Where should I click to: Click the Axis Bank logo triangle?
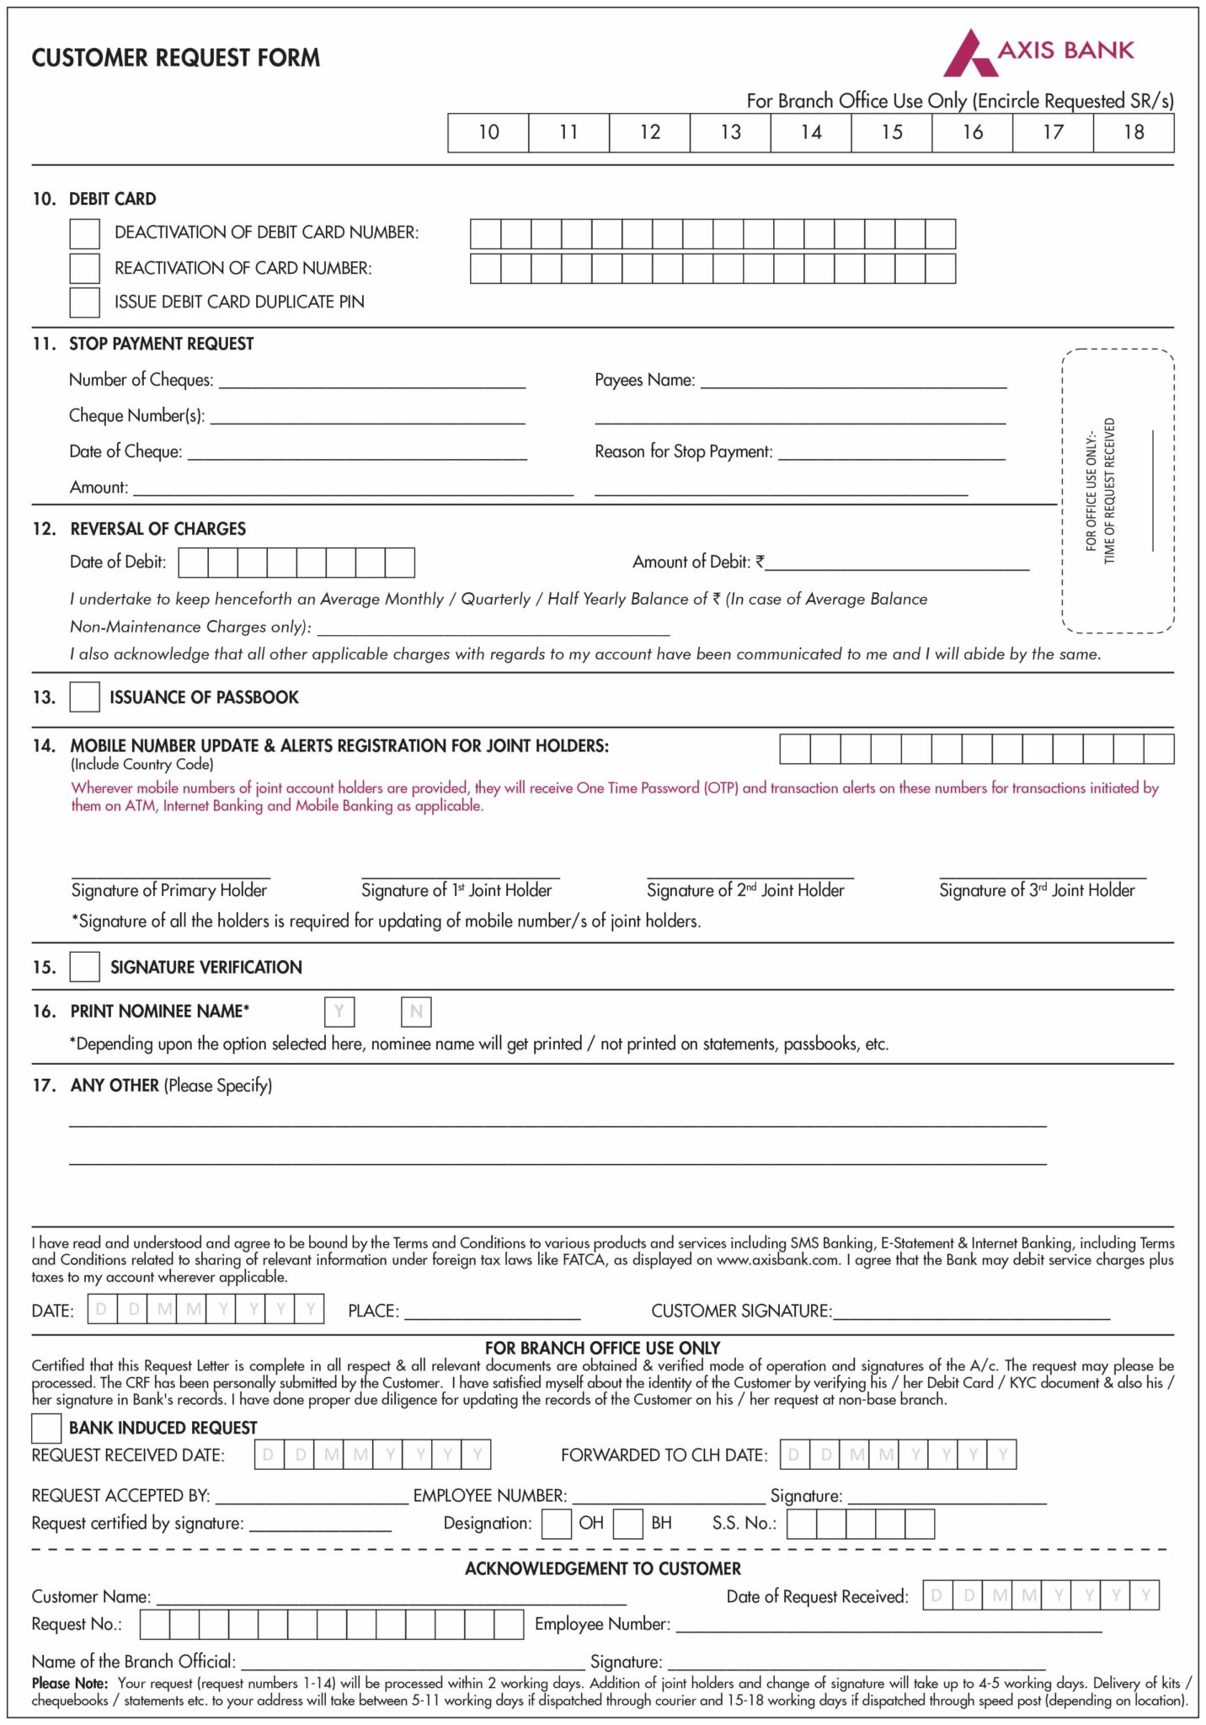[969, 56]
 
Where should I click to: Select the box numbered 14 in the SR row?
[810, 132]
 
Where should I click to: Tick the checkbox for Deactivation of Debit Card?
[84, 233]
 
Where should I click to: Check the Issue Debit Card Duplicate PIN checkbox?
[84, 302]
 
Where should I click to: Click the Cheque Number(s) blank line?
[367, 418]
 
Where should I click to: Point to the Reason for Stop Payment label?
[683, 452]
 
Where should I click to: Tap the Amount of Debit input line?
[896, 565]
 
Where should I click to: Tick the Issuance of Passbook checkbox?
[84, 697]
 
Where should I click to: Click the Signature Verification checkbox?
[84, 967]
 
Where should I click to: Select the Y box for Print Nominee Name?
[339, 1012]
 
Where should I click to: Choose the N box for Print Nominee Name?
[416, 1012]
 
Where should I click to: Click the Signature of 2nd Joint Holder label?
[745, 890]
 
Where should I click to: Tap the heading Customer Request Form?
[176, 58]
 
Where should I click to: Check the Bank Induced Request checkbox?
[46, 1429]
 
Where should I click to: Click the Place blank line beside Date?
[492, 1313]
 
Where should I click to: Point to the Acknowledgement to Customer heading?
[603, 1569]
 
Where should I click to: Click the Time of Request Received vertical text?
[1109, 490]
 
